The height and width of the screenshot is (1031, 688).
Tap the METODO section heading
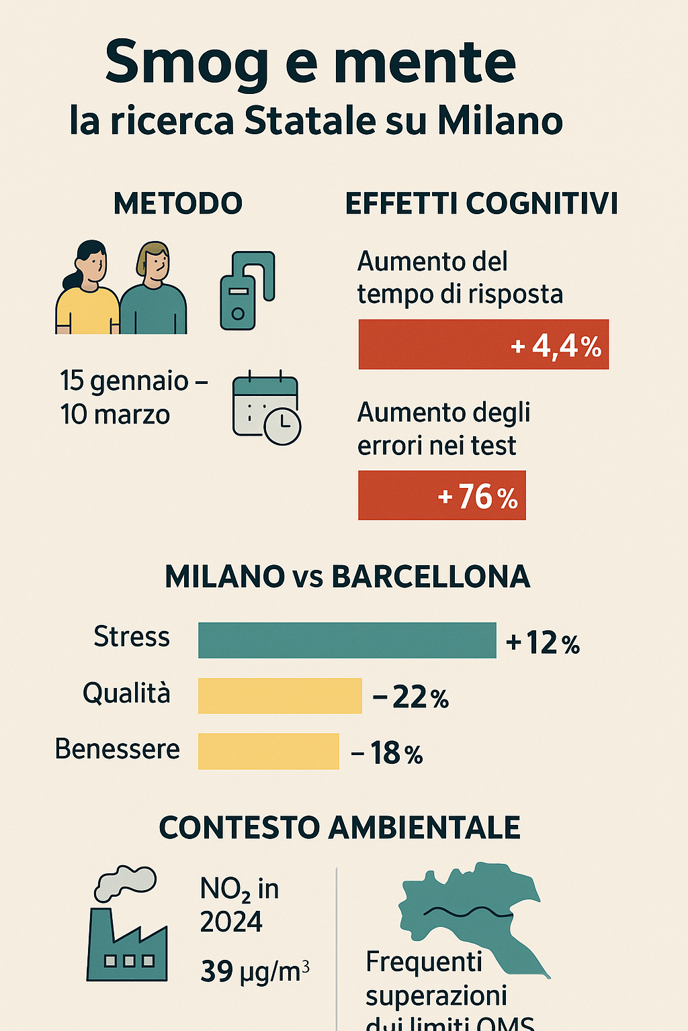pyautogui.click(x=178, y=203)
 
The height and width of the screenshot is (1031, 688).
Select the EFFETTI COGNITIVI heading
pyautogui.click(x=481, y=203)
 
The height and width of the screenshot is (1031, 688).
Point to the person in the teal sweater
pyautogui.click(x=154, y=292)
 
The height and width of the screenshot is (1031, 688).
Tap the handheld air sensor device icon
pyautogui.click(x=247, y=291)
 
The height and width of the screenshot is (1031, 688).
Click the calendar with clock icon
pyautogui.click(x=266, y=407)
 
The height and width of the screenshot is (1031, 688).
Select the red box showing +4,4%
pyautogui.click(x=483, y=344)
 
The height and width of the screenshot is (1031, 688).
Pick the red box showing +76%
pyautogui.click(x=441, y=495)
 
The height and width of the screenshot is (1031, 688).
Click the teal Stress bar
pyautogui.click(x=347, y=640)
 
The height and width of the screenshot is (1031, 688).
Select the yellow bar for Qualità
pyautogui.click(x=279, y=695)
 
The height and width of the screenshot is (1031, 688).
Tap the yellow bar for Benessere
pyautogui.click(x=268, y=751)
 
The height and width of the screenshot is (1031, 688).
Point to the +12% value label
pyautogui.click(x=543, y=643)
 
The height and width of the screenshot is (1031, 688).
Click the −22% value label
pyautogui.click(x=411, y=697)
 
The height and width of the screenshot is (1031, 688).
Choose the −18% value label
pyautogui.click(x=387, y=753)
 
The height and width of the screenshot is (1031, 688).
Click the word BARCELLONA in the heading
pyautogui.click(x=431, y=577)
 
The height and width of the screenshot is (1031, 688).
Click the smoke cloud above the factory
pyautogui.click(x=125, y=882)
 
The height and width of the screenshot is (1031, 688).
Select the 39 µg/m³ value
pyautogui.click(x=255, y=971)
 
